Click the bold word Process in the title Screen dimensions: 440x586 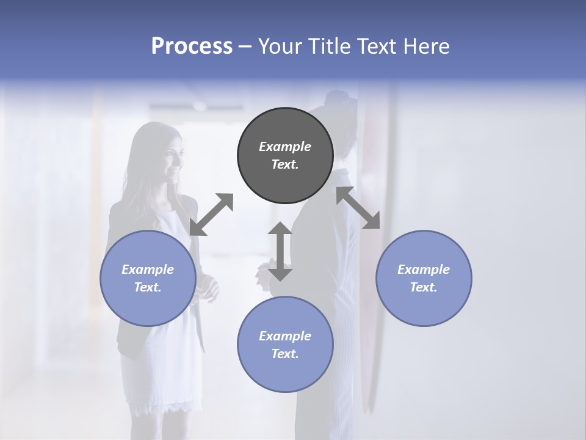point(192,46)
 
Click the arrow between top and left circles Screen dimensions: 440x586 point(211,215)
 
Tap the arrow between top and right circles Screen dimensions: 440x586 point(358,208)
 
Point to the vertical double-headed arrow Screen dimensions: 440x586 point(280,251)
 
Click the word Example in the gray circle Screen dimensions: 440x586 point(285,147)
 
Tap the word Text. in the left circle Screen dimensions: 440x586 point(148,287)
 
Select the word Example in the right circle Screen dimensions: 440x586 point(424,269)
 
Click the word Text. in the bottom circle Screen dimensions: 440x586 point(285,354)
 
